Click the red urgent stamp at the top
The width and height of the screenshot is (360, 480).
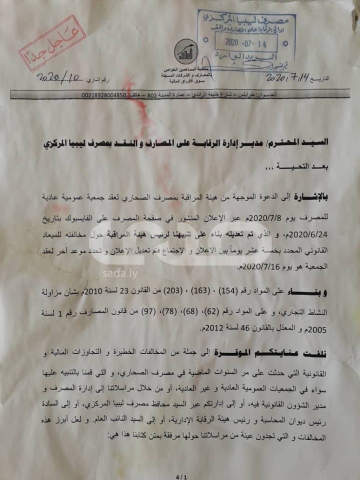(52, 43)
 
